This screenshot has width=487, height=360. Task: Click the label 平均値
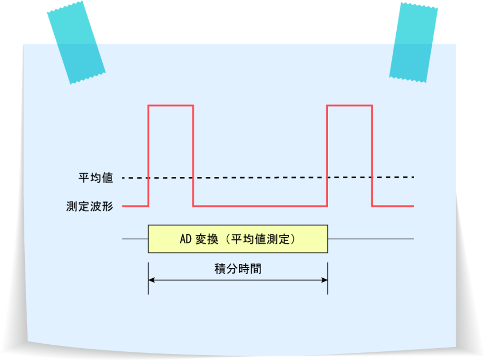coord(96,178)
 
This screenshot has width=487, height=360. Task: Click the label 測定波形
coord(89,206)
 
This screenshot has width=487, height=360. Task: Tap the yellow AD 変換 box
coord(238,239)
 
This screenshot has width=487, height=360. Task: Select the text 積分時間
coord(238,269)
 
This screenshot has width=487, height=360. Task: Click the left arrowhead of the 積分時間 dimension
coord(151,280)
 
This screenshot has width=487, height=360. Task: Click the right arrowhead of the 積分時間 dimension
coord(324,280)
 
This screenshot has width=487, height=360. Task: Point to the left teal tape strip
coord(76,42)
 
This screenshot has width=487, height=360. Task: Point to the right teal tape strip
coord(413,42)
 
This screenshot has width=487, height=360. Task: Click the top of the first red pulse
coord(171,106)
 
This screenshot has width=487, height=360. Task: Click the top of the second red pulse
coord(350,106)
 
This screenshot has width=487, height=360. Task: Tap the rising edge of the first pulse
coord(148,156)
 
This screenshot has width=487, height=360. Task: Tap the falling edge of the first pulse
coord(193,156)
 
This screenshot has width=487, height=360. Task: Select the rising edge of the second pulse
coord(327,156)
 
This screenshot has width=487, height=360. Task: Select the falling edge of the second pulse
coord(372,156)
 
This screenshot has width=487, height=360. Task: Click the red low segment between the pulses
coord(260,206)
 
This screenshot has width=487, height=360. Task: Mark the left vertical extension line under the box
coord(148,278)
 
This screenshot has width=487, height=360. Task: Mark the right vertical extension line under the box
coord(328,278)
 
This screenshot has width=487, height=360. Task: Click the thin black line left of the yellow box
coord(135,239)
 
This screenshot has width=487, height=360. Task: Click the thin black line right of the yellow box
coord(371,239)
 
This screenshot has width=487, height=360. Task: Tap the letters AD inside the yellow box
coord(185,239)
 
